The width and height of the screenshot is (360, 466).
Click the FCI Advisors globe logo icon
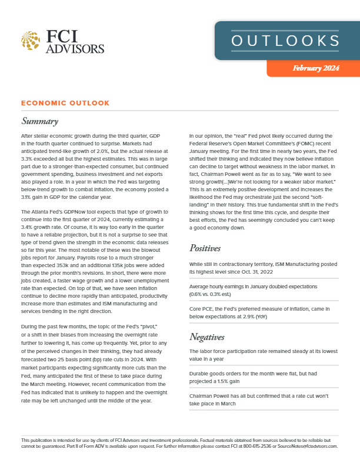coord(30,41)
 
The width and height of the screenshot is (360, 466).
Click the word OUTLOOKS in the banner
coord(287,40)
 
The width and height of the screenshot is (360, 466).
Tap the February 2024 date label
coord(315,69)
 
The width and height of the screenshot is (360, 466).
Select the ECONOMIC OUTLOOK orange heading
coord(65,103)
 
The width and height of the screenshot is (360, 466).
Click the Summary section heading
coord(39,122)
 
